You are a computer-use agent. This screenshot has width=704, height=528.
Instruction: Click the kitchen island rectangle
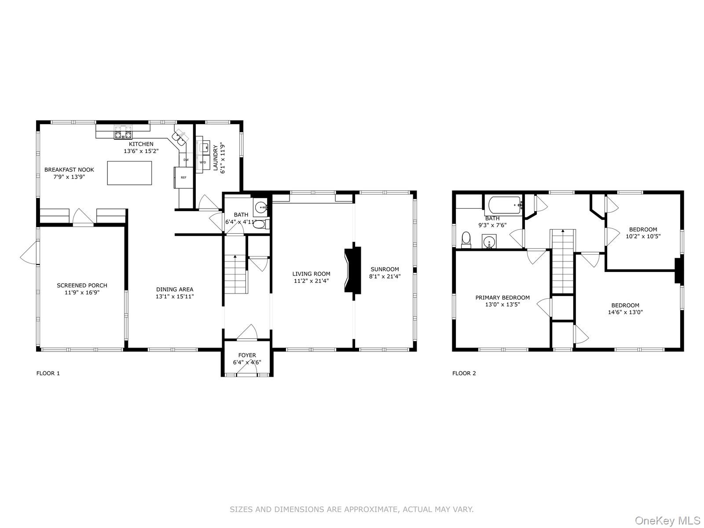click(130, 172)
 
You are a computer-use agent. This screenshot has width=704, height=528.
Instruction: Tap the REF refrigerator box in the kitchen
click(183, 177)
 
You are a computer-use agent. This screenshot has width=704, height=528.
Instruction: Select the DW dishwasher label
click(186, 160)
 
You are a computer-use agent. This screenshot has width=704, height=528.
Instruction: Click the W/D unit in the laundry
click(203, 162)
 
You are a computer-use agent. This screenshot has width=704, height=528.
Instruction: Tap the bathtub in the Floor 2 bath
click(504, 205)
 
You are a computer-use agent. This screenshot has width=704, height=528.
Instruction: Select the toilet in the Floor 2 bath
click(466, 239)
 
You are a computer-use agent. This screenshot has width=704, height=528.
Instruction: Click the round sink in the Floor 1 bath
click(261, 206)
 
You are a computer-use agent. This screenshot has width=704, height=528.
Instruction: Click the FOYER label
click(247, 356)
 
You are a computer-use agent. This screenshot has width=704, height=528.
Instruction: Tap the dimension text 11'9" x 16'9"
click(82, 292)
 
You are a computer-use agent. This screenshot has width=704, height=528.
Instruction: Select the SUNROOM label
click(385, 269)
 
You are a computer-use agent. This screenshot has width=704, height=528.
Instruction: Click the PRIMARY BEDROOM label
click(502, 298)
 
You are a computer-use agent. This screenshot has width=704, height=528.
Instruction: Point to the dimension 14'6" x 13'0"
click(625, 312)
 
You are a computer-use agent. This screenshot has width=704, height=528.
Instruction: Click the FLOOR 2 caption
click(464, 374)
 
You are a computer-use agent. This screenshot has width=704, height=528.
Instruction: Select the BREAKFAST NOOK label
click(69, 170)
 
